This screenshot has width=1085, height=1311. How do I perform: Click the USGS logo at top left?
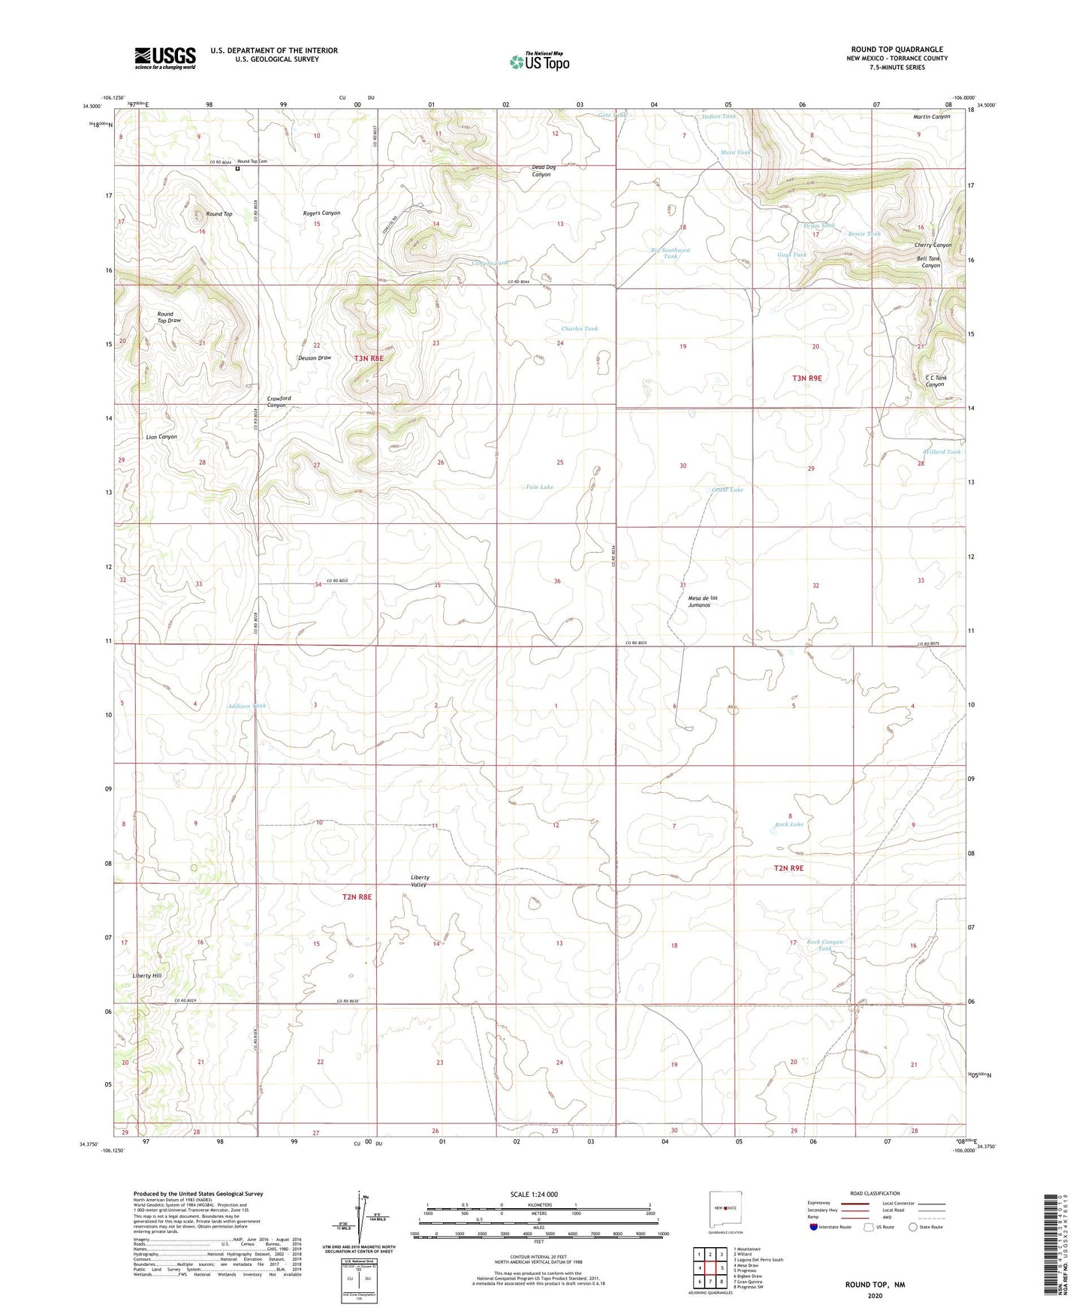point(165,58)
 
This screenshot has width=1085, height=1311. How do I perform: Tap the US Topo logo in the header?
point(539,62)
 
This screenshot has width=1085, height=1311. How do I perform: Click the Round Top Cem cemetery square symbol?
point(238,168)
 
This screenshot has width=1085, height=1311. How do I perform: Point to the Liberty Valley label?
point(420,881)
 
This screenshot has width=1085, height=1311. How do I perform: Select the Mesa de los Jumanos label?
point(703,601)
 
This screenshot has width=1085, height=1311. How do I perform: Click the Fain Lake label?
point(539,487)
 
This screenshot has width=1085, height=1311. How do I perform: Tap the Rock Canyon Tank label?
point(824,945)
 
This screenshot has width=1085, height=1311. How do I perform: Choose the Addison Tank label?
point(247,706)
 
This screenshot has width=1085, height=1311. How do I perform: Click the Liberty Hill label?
point(147,975)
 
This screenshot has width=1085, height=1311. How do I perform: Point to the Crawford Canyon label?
point(276,402)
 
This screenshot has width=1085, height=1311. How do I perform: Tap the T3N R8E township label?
point(369,358)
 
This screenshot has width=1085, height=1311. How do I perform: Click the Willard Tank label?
point(942,452)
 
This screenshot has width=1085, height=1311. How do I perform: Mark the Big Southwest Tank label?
point(670,253)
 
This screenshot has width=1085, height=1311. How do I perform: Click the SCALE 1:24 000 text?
point(534,1194)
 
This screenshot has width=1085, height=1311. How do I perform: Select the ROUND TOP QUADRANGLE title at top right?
point(897,50)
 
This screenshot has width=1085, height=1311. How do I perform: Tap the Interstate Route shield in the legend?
point(815,1227)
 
